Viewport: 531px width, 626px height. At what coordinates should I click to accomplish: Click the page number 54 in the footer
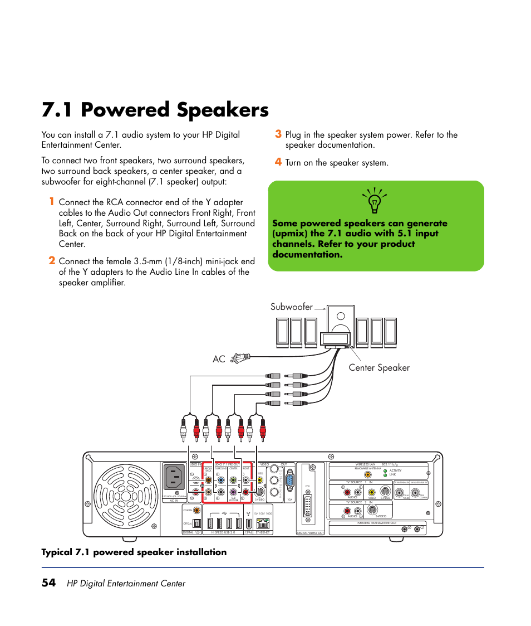[48, 583]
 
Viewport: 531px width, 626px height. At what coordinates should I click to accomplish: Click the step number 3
[278, 134]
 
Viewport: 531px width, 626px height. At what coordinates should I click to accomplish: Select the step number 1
[51, 202]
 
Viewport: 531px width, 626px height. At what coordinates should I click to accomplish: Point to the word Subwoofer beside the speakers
[292, 307]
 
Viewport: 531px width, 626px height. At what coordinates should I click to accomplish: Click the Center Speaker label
[379, 367]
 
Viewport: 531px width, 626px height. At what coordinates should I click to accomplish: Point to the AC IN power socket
[174, 478]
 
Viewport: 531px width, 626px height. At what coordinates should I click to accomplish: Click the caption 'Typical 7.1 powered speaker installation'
[134, 552]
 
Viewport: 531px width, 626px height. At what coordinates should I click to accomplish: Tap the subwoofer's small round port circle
[341, 316]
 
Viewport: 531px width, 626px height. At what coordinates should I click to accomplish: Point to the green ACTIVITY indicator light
[385, 470]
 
